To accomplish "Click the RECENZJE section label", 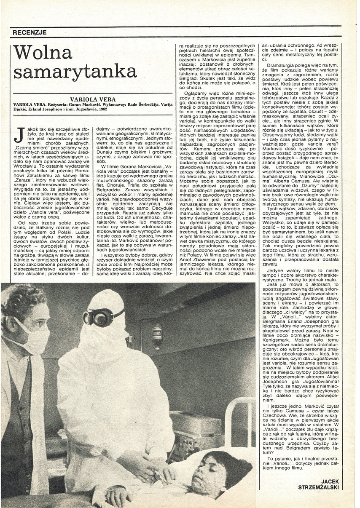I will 30,32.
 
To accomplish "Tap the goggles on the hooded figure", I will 98,317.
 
